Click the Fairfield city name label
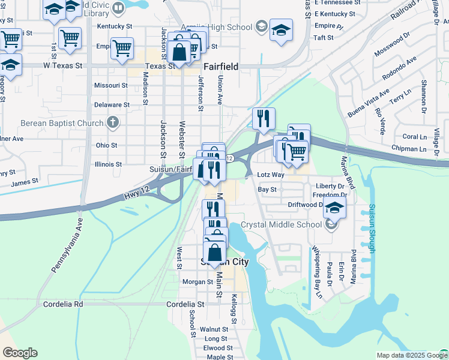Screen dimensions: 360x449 [x=221, y=67]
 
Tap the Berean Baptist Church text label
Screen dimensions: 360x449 [x=62, y=124]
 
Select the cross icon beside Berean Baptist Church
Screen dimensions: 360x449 [x=112, y=124]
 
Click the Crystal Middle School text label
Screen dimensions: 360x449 [x=281, y=225]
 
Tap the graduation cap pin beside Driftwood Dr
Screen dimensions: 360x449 [x=335, y=208]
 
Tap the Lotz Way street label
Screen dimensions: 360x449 [x=270, y=175]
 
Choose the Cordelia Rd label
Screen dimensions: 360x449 [x=62, y=304]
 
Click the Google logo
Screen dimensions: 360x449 [x=20, y=353]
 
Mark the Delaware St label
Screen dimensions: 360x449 [x=112, y=104]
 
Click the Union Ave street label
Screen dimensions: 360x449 [x=220, y=89]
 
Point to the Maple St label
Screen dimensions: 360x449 [x=220, y=357]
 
